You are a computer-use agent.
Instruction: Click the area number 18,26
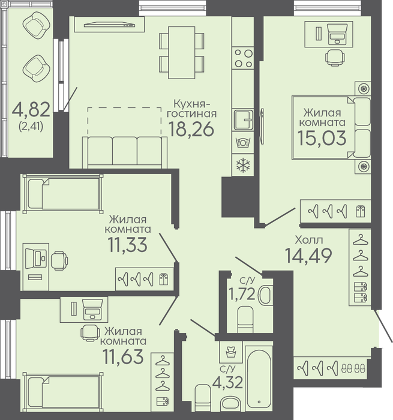coord(191,129)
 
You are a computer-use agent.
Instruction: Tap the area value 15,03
coord(322,138)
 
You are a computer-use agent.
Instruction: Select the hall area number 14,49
coord(308,256)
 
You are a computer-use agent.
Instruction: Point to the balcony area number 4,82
coord(31,110)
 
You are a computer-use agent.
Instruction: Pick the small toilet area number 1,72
coord(241,294)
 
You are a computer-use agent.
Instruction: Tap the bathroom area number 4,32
coord(228,382)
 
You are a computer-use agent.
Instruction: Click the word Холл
coord(308,240)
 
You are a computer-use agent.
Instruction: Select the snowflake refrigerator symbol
coord(243,164)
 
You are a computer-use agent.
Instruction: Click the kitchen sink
coord(243,120)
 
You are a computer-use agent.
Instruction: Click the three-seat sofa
coord(125,152)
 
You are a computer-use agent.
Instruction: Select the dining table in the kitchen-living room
coord(181,53)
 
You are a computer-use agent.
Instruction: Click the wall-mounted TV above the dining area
coord(109,25)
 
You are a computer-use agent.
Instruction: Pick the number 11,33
coord(127,245)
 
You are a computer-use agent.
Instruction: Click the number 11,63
coord(124,357)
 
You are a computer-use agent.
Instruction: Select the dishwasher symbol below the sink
coord(243,142)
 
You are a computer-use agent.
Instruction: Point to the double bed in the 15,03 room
coord(332,127)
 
